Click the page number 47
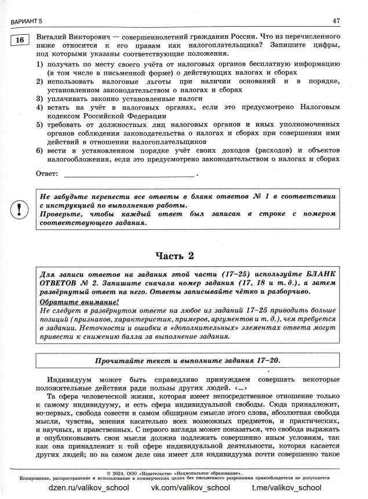(x=336, y=21)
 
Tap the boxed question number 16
(x=19, y=40)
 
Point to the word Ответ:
(x=47, y=173)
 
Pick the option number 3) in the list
(x=39, y=99)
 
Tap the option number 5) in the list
(x=39, y=125)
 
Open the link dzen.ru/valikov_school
(x=88, y=488)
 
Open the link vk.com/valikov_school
(x=187, y=488)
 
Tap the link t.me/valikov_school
(x=286, y=488)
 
